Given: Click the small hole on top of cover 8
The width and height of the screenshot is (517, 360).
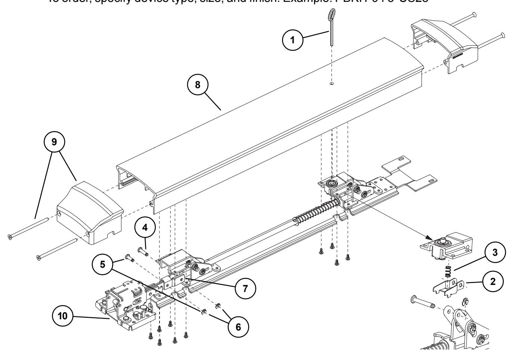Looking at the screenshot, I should [x=332, y=85].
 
